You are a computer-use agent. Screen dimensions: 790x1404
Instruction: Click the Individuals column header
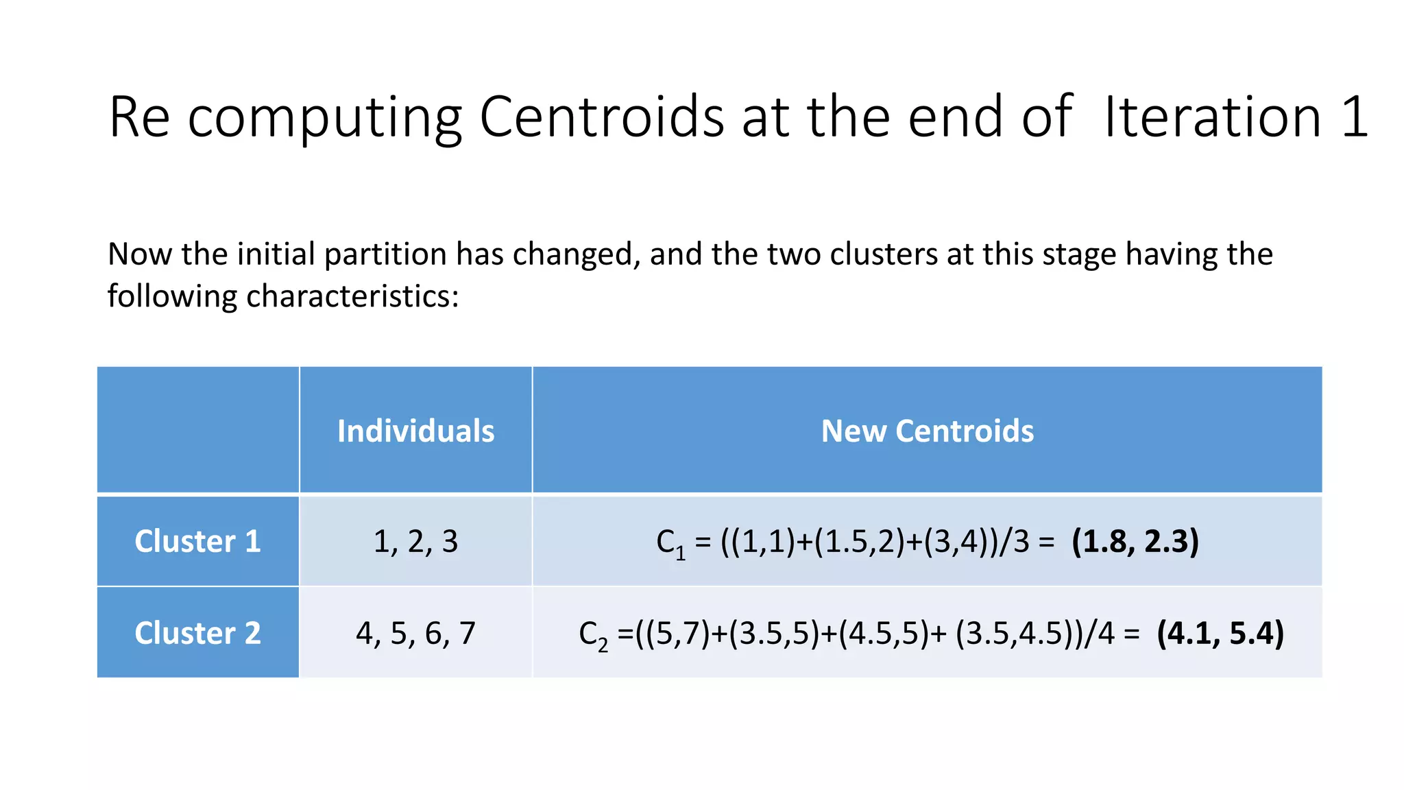(x=415, y=431)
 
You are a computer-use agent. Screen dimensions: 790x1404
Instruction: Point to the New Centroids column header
(x=927, y=431)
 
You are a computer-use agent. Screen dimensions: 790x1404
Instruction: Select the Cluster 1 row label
(x=197, y=541)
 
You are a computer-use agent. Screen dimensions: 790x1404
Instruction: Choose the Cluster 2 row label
(x=197, y=632)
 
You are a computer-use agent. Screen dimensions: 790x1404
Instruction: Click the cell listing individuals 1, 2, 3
(x=415, y=541)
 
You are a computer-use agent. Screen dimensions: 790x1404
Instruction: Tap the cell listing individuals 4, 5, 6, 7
(x=415, y=632)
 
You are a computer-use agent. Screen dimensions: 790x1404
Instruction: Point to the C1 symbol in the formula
(x=670, y=543)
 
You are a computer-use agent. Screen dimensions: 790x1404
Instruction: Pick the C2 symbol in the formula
(x=593, y=634)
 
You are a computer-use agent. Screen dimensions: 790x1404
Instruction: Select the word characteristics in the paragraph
(x=351, y=296)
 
